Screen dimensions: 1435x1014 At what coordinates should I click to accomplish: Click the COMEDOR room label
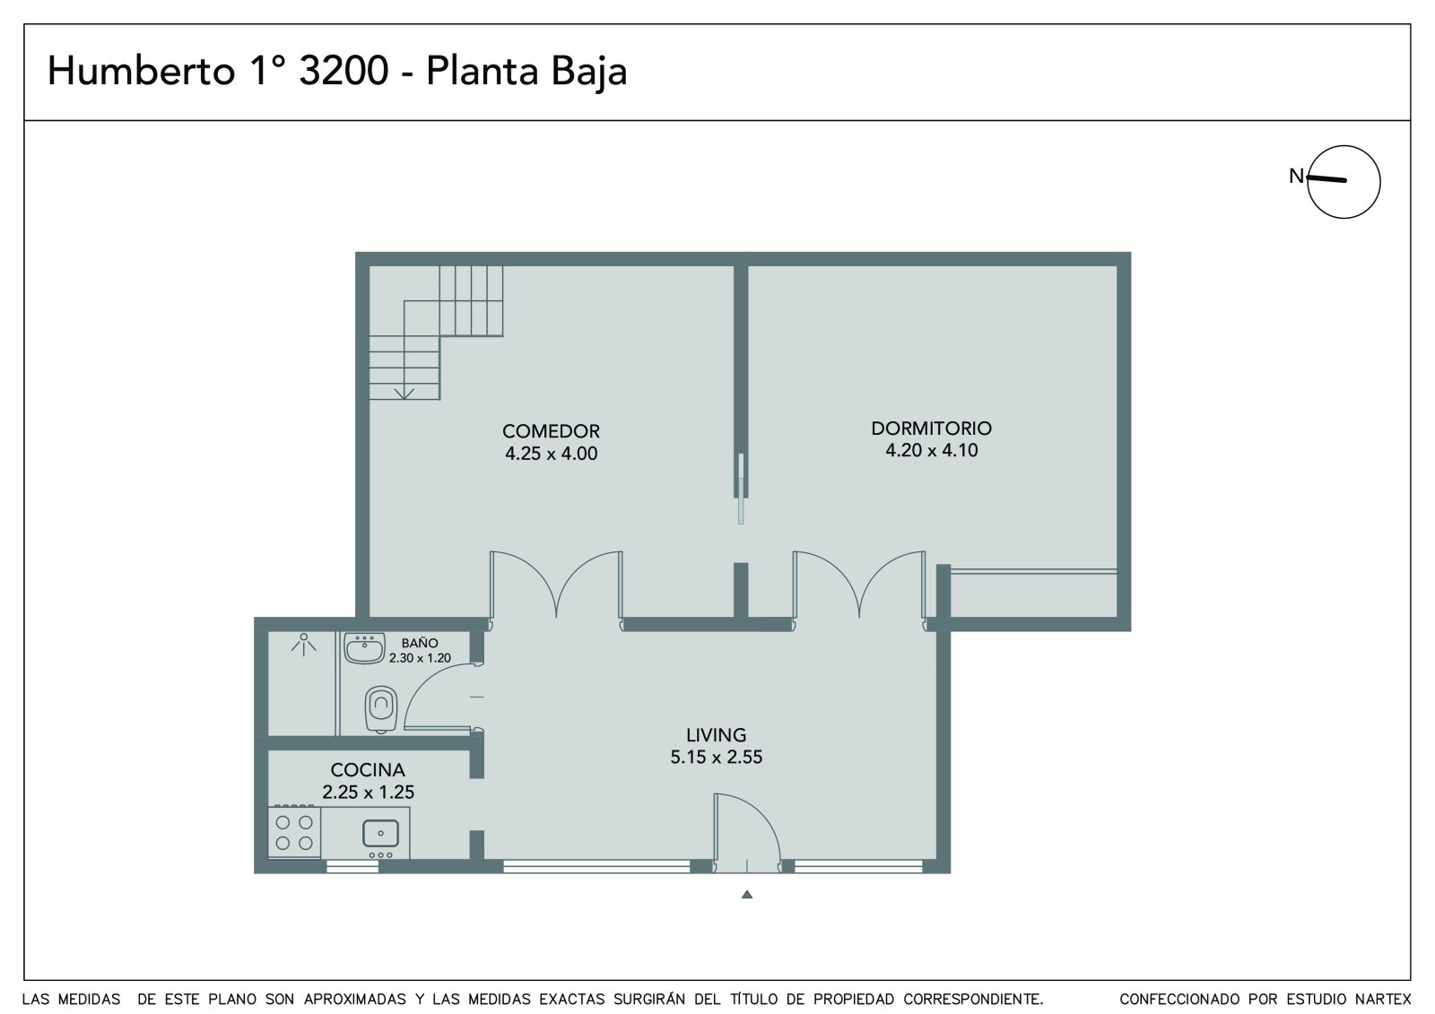[551, 431]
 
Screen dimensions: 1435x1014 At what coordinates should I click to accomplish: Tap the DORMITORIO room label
[932, 428]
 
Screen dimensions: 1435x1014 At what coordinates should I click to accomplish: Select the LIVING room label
[717, 734]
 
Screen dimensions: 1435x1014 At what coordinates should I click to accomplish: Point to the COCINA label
[368, 769]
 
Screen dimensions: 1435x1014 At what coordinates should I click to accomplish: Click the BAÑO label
[421, 643]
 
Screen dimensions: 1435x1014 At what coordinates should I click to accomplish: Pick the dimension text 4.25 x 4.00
[551, 454]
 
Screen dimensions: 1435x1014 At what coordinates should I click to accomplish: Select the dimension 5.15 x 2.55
[717, 757]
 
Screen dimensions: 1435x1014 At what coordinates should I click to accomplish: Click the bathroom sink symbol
[364, 648]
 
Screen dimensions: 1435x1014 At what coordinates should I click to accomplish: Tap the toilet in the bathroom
[381, 710]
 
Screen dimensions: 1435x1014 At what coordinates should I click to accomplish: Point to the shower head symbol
[304, 643]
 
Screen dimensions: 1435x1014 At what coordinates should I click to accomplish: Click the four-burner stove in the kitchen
[294, 832]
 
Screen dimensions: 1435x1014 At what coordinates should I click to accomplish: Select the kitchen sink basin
[380, 834]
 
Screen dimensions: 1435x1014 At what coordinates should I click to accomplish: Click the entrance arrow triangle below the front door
[747, 895]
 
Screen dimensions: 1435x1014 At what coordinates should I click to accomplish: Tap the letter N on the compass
[1296, 176]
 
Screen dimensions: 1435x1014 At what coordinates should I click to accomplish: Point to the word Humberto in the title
[142, 71]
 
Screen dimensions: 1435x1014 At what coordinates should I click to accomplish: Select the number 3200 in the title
[344, 71]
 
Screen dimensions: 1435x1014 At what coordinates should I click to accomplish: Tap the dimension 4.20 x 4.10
[932, 450]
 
